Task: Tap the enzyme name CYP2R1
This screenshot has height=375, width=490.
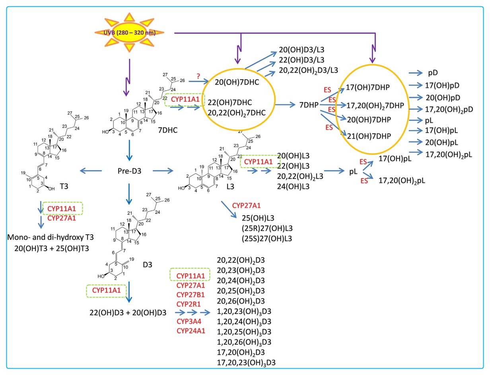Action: tap(191, 304)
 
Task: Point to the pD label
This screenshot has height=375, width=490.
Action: tap(433, 73)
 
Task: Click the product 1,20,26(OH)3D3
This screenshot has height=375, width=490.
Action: tap(244, 342)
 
